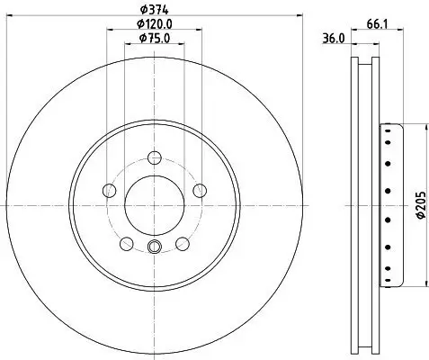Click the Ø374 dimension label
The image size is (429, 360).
click(x=155, y=10)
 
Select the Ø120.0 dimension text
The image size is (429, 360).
click(x=155, y=23)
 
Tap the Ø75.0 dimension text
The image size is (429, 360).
click(x=155, y=38)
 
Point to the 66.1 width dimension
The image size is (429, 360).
click(x=377, y=24)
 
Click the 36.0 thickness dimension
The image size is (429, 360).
click(x=334, y=39)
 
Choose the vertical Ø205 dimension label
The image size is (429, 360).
click(x=421, y=204)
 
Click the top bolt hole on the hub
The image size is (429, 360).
click(x=155, y=157)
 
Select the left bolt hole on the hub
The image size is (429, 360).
click(x=109, y=191)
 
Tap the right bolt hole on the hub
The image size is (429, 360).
click(x=200, y=191)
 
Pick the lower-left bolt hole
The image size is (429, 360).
click(x=126, y=244)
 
